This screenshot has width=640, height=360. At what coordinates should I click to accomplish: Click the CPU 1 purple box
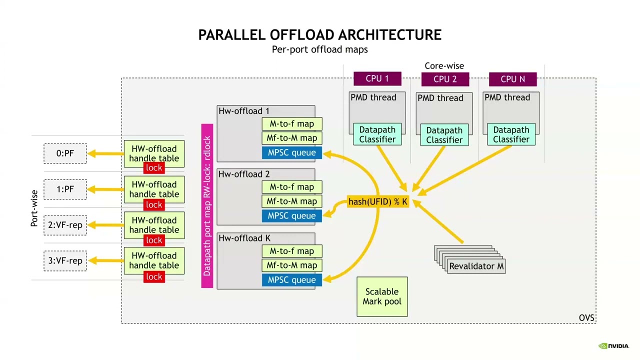tap(377, 78)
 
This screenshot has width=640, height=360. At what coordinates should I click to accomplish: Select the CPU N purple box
tap(512, 79)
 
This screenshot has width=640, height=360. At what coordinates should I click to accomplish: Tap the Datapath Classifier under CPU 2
tap(444, 135)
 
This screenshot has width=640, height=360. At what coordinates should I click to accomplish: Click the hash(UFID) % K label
tap(378, 201)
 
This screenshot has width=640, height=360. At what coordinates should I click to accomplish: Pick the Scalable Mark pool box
tap(382, 296)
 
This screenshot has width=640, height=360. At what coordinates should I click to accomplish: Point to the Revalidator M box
tap(476, 266)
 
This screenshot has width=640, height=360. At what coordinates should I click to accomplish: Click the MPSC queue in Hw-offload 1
tap(292, 152)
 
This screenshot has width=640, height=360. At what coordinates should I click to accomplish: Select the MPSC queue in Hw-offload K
tap(292, 280)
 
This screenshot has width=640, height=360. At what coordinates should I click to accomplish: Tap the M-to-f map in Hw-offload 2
tap(292, 187)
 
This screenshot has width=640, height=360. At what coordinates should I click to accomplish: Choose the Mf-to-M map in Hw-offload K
tap(292, 265)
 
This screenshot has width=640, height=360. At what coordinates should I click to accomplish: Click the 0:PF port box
tap(65, 153)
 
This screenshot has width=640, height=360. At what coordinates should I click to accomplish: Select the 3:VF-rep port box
tap(65, 261)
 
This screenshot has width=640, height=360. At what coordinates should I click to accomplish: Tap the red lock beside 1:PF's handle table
tap(154, 204)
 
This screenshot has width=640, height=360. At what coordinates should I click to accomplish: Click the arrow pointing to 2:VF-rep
tap(105, 225)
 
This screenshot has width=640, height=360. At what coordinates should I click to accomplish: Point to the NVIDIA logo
tap(613, 346)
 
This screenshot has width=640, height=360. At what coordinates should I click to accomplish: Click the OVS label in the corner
tap(586, 318)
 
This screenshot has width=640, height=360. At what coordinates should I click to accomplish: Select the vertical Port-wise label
tap(34, 208)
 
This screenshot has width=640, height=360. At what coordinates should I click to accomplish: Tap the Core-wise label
tap(444, 65)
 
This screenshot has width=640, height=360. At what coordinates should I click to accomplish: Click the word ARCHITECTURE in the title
tap(389, 35)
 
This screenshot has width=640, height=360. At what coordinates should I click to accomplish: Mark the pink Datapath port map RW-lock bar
tap(207, 206)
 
